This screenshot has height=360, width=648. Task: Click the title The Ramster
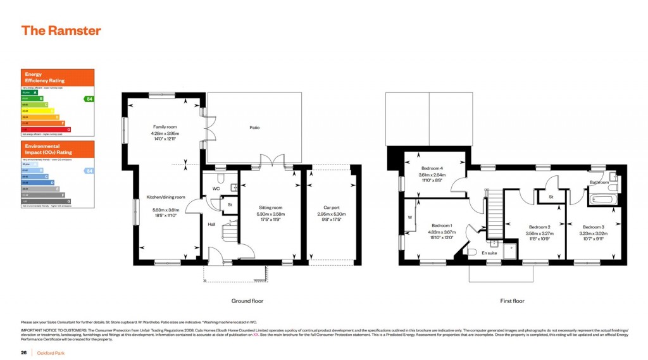(x=61, y=30)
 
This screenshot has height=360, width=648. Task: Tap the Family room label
(x=165, y=127)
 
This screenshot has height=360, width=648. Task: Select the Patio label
(x=254, y=128)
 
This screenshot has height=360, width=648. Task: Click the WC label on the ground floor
(x=216, y=189)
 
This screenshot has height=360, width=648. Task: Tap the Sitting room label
(x=271, y=207)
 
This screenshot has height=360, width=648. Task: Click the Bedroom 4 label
(x=433, y=168)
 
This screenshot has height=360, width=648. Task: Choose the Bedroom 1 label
(x=441, y=226)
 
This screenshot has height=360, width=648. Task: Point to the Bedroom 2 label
(x=539, y=227)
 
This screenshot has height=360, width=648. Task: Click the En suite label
(x=490, y=252)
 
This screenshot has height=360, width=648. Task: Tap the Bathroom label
(x=599, y=183)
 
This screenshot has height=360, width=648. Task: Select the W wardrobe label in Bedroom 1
(x=410, y=216)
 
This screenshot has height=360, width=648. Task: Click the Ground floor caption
(x=247, y=301)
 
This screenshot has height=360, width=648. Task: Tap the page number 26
(x=23, y=352)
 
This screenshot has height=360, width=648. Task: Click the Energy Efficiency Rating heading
(x=44, y=78)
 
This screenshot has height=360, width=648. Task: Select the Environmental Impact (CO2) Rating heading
(x=48, y=149)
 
